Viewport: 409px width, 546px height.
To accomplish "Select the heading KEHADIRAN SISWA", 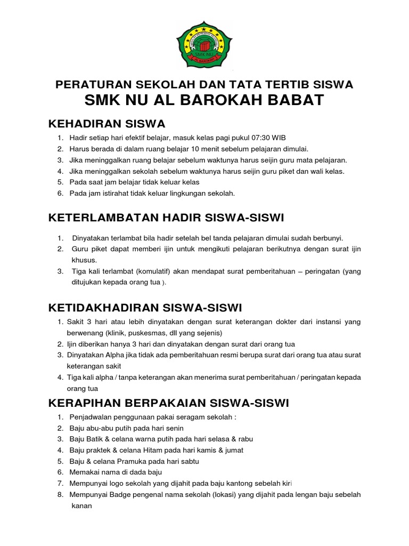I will pyautogui.click(x=107, y=124).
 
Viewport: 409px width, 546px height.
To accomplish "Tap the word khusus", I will pyautogui.click(x=84, y=260).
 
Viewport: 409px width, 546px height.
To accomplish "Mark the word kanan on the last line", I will pyautogui.click(x=81, y=505).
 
